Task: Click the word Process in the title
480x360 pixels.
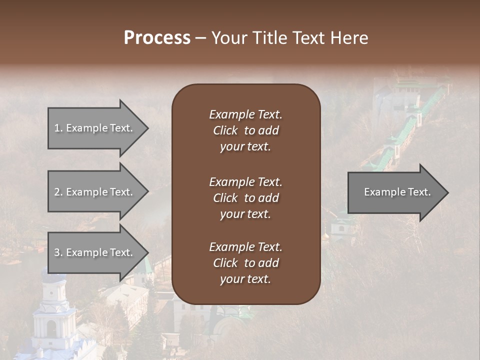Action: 157,38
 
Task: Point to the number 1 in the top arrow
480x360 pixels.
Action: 57,128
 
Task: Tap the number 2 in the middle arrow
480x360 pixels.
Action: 57,192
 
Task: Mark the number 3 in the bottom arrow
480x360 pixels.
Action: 57,252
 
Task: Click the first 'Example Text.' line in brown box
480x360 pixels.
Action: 245,114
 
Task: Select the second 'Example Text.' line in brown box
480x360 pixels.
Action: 245,181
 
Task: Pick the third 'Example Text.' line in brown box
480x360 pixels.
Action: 245,247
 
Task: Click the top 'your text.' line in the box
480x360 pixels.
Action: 245,147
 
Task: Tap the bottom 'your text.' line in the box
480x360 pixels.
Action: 245,279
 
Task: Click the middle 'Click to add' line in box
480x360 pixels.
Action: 245,198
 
